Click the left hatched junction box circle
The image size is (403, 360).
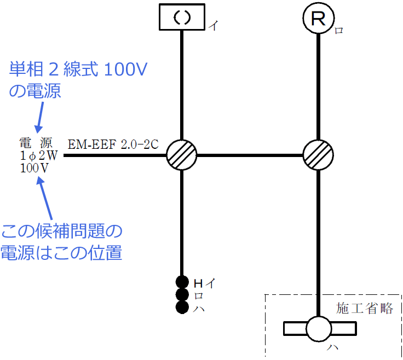(x=181, y=155)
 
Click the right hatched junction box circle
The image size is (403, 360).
(x=319, y=155)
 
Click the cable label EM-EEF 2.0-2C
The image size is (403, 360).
(x=113, y=144)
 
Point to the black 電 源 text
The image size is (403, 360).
(x=36, y=143)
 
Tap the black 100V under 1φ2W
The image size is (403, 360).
(x=34, y=168)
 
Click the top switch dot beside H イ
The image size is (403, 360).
(x=182, y=283)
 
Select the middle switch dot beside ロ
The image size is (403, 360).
(x=182, y=295)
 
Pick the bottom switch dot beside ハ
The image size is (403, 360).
(x=182, y=307)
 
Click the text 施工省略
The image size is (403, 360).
(x=365, y=309)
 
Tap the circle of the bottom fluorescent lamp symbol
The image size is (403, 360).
(x=319, y=329)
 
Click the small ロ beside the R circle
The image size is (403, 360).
(x=339, y=31)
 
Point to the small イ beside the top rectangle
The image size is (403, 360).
(x=212, y=26)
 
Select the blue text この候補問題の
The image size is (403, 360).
(x=61, y=231)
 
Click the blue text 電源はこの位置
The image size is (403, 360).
(x=61, y=253)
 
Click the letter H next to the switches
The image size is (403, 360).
(x=198, y=283)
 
